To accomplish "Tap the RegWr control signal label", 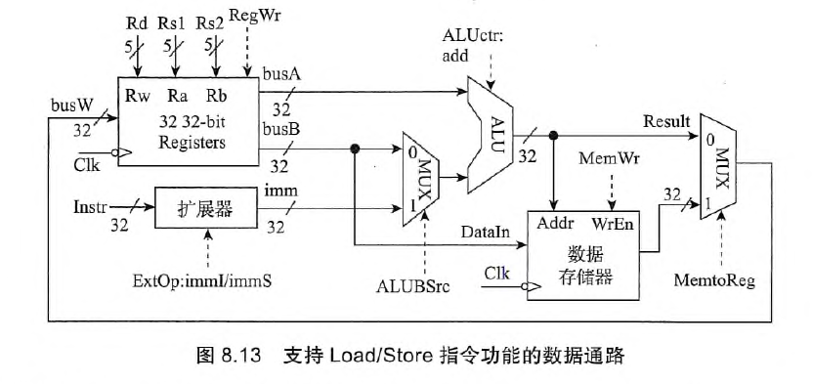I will [250, 16].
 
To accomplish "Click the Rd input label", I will [138, 21].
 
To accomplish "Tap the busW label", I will [70, 104].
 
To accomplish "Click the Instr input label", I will [92, 208].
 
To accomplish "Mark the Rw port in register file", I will [138, 96].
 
